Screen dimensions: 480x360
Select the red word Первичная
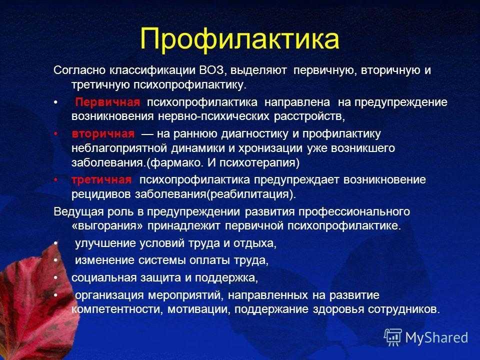click(107, 102)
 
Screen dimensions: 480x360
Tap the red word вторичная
click(103, 134)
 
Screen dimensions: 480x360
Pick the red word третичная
click(101, 179)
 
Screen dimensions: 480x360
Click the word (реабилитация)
click(251, 194)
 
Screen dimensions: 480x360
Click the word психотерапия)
click(259, 162)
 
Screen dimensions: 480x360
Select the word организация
click(109, 295)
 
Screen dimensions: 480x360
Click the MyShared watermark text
click(436, 337)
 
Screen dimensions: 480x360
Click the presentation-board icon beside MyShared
click(393, 337)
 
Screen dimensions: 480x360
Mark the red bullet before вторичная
click(55, 134)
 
